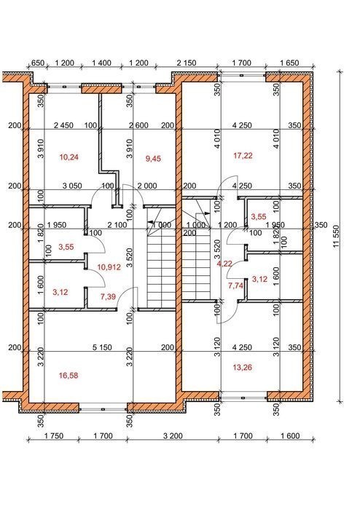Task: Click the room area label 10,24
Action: (69, 157)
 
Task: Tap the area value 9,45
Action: (153, 159)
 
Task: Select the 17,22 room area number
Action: (243, 156)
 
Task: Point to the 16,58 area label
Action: (69, 376)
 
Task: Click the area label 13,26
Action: (243, 368)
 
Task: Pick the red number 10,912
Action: (109, 267)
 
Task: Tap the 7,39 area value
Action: (108, 296)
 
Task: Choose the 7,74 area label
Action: (235, 285)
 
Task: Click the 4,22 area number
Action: (224, 264)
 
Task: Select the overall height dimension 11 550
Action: (336, 237)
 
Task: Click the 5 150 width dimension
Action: (102, 347)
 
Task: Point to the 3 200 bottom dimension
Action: (173, 435)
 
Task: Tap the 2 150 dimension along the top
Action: (187, 63)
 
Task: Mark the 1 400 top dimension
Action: (101, 63)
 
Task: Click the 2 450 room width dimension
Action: (63, 125)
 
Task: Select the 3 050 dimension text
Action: (72, 186)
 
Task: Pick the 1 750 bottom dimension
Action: (54, 435)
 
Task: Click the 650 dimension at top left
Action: (38, 63)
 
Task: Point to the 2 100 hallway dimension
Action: (117, 225)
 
